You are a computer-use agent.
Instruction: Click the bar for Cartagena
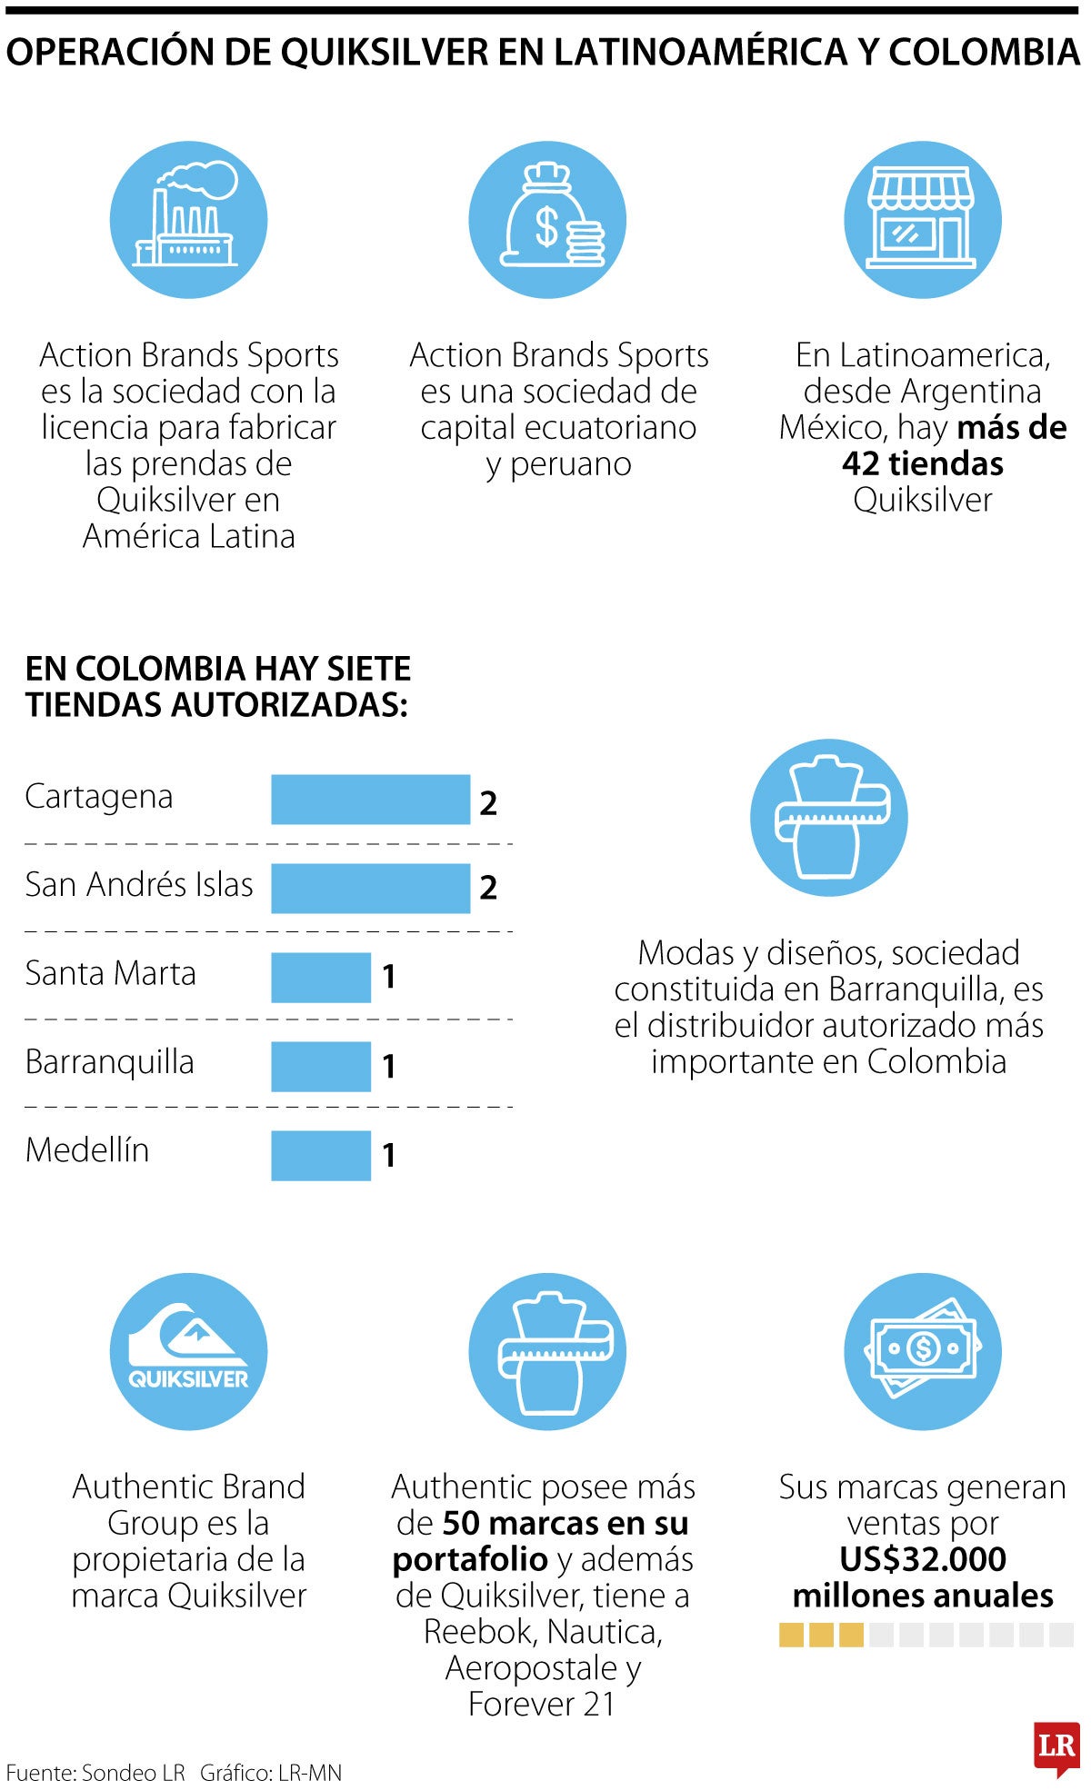[370, 800]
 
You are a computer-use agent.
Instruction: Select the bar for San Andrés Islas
[370, 888]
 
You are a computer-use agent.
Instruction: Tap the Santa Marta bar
[321, 977]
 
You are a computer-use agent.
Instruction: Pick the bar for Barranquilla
[321, 1066]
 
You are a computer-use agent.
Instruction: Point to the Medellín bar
[321, 1155]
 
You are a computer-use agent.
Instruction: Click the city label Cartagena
[98, 797]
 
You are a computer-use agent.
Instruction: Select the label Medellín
[87, 1150]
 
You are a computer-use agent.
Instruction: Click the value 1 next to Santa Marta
[389, 978]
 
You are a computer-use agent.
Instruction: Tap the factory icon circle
[189, 220]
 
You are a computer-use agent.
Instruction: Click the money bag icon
[547, 220]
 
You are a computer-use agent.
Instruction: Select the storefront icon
[922, 220]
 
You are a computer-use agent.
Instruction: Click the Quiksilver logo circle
[189, 1351]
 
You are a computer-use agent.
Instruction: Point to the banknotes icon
[922, 1351]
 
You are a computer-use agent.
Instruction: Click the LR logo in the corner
[1056, 1746]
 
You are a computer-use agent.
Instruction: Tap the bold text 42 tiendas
[922, 464]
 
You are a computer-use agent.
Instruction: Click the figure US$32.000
[922, 1559]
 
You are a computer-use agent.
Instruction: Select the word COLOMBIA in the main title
[984, 54]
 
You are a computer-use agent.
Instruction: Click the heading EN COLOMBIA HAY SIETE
[218, 670]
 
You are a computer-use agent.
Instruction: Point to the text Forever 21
[542, 1704]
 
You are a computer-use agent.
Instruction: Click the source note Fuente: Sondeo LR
[95, 1773]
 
